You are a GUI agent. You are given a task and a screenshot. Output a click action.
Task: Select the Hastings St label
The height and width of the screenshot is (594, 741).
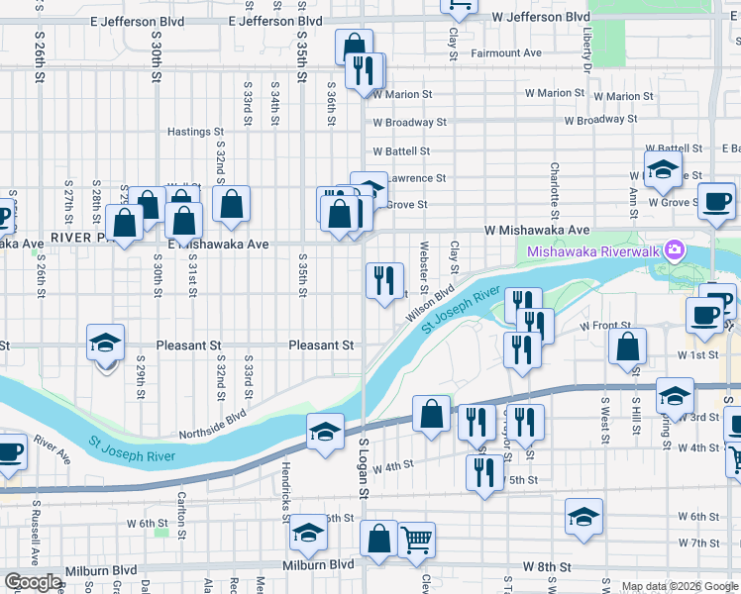pos(195,132)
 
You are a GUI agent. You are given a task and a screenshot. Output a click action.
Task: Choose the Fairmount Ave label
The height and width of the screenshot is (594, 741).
pos(506,52)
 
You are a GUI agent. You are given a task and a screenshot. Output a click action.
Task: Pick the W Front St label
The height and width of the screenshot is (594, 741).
pos(605,326)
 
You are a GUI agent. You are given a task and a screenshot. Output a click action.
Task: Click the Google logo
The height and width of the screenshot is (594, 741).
pos(32,582)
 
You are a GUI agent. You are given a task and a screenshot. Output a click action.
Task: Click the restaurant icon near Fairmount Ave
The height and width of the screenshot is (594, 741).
pos(365,70)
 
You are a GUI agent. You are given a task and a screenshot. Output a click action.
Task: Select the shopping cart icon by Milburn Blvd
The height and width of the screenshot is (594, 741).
pos(417,540)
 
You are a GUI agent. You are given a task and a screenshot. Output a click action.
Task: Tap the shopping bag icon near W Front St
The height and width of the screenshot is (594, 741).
pos(627,346)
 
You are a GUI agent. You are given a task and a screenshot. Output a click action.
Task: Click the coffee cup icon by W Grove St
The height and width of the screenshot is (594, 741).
pos(716,201)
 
